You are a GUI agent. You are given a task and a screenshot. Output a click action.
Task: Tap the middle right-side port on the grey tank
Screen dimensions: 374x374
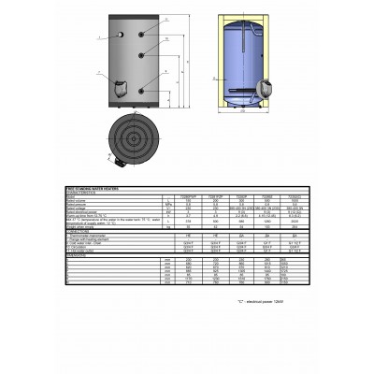140,59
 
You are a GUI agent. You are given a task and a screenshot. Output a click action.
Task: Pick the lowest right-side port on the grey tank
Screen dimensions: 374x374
140,89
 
